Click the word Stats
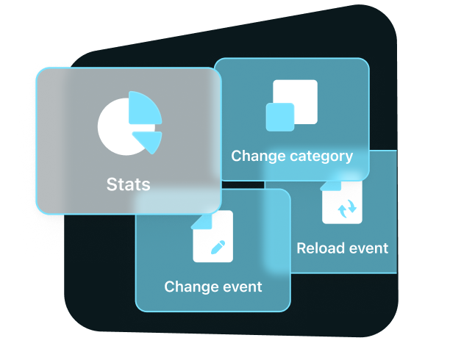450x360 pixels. click(128, 184)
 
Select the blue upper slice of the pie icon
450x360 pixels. click(144, 109)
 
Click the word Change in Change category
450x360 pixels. click(254, 156)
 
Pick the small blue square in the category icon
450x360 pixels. click(279, 117)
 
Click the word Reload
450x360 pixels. click(317, 248)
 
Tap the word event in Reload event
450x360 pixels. click(368, 248)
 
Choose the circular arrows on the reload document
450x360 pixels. click(347, 210)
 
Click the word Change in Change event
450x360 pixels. click(187, 287)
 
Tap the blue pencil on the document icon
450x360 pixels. click(218, 247)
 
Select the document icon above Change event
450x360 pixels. click(213, 236)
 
